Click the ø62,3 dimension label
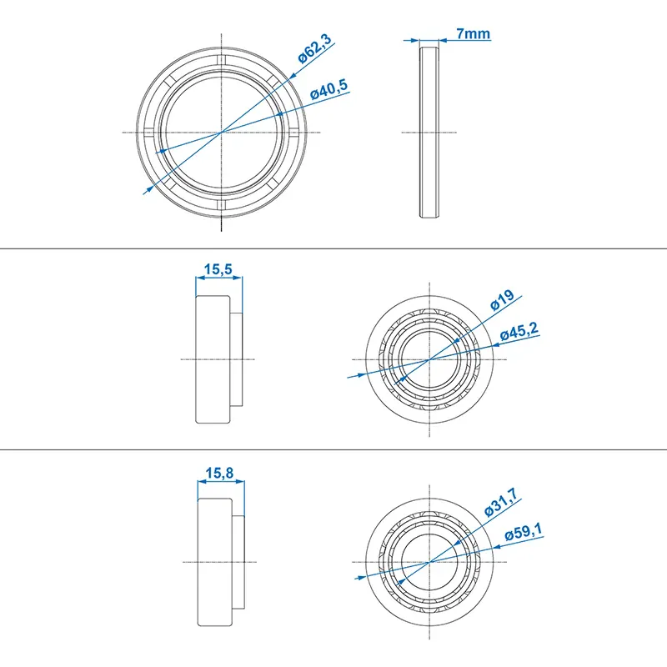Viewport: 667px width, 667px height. point(316,52)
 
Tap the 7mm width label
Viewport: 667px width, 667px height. point(472,34)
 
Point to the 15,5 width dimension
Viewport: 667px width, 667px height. point(218,269)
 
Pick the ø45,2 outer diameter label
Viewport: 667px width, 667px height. point(519,333)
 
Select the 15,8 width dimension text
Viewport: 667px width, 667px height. point(218,473)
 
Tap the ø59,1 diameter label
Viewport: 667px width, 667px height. point(522,534)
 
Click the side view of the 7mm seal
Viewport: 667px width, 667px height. point(429,132)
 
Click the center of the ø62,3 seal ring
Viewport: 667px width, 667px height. point(221,132)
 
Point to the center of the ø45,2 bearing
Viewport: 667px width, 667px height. point(429,359)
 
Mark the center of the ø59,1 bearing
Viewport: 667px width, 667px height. point(429,562)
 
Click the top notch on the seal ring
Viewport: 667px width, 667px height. point(221,61)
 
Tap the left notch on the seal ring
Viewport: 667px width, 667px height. point(150,132)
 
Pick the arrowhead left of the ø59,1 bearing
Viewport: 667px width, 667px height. point(360,576)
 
